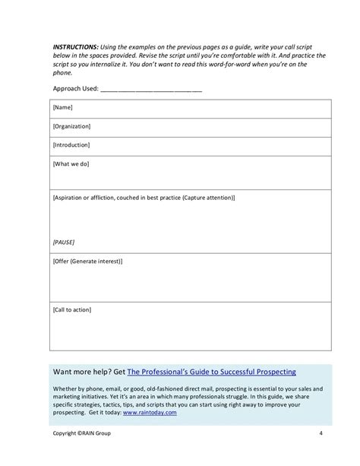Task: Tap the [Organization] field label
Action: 72,127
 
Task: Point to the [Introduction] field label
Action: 71,144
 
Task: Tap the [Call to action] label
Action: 73,309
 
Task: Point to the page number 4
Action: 322,435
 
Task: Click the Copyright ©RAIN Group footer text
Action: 81,435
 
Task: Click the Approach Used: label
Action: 75,89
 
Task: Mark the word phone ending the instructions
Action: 63,73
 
